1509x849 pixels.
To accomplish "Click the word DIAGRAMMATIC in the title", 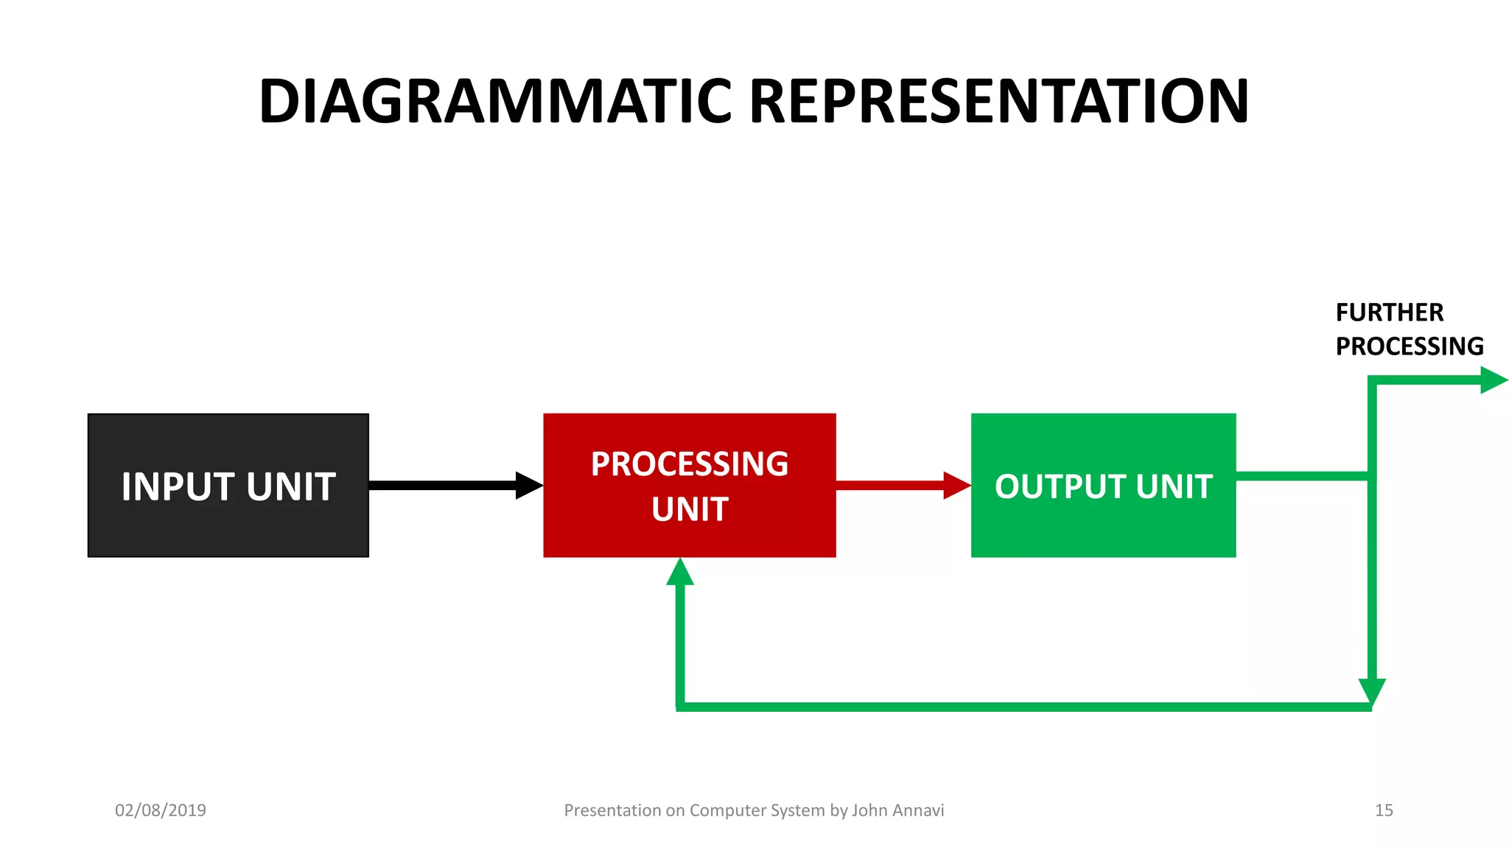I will pyautogui.click(x=495, y=101).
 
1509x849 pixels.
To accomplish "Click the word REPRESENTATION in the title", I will pyautogui.click(x=998, y=101).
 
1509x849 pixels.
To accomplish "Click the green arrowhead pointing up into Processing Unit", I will pyautogui.click(x=680, y=573).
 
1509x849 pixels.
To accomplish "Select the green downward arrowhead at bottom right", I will pyautogui.click(x=1372, y=691).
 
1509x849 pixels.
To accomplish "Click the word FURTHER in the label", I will pyautogui.click(x=1389, y=312).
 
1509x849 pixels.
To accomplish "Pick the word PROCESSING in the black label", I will pyautogui.click(x=1409, y=346).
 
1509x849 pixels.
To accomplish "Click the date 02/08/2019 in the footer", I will pyautogui.click(x=161, y=810).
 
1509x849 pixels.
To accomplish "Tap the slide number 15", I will pyautogui.click(x=1384, y=810).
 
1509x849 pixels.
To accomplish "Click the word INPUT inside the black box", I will pyautogui.click(x=179, y=487).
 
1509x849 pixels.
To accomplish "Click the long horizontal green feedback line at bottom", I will pyautogui.click(x=1024, y=707).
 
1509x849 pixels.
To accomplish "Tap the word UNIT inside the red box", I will pyautogui.click(x=690, y=509).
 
